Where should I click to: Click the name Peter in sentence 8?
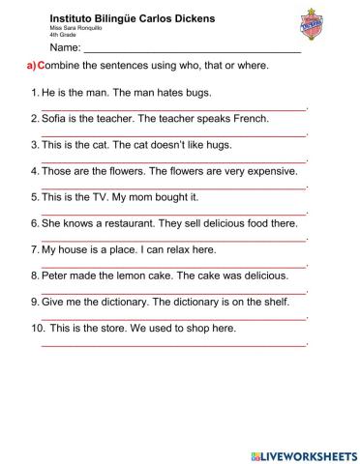pos(55,275)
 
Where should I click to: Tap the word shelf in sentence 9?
pos(274,302)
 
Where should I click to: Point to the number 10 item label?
pos(37,328)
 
